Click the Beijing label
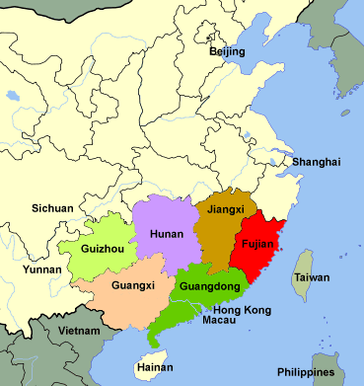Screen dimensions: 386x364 click(227, 51)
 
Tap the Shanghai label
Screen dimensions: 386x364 click(316, 162)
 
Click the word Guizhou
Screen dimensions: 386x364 click(103, 250)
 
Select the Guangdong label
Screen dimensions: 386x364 click(210, 287)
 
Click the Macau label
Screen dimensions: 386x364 click(218, 321)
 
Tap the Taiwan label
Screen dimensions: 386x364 click(311, 278)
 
